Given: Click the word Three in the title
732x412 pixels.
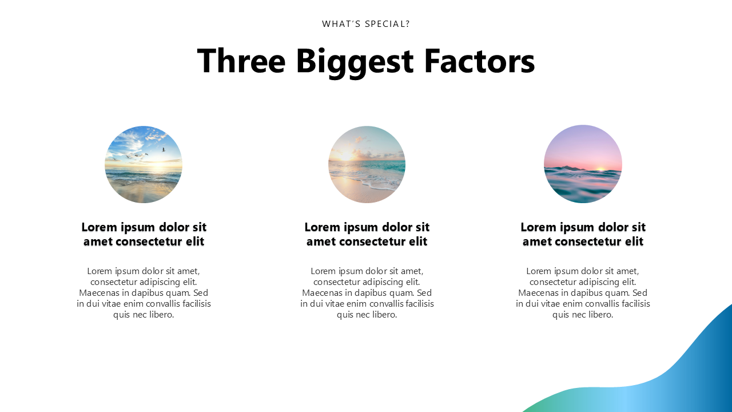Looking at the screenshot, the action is (241, 61).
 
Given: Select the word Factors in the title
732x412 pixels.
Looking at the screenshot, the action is (480, 61).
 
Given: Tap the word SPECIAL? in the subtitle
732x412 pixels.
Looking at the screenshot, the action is (387, 24).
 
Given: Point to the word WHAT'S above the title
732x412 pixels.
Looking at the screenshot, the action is (341, 24).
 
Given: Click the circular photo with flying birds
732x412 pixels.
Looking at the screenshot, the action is (144, 164).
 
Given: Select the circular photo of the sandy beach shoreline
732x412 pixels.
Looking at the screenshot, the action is (367, 164).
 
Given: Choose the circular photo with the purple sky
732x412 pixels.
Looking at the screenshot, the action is (583, 164).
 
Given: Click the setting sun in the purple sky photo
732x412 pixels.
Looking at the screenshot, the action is (600, 169).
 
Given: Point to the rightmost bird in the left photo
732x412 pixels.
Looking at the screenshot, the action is (164, 149).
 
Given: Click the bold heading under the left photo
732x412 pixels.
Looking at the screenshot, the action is (144, 234).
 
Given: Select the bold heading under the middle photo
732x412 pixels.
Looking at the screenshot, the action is (367, 234).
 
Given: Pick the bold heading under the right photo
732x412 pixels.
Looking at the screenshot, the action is (583, 234).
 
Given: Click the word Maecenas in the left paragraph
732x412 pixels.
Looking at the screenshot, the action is (99, 292).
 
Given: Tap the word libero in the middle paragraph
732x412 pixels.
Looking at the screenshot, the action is (387, 315).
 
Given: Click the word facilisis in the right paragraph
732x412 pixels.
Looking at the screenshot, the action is (634, 304).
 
